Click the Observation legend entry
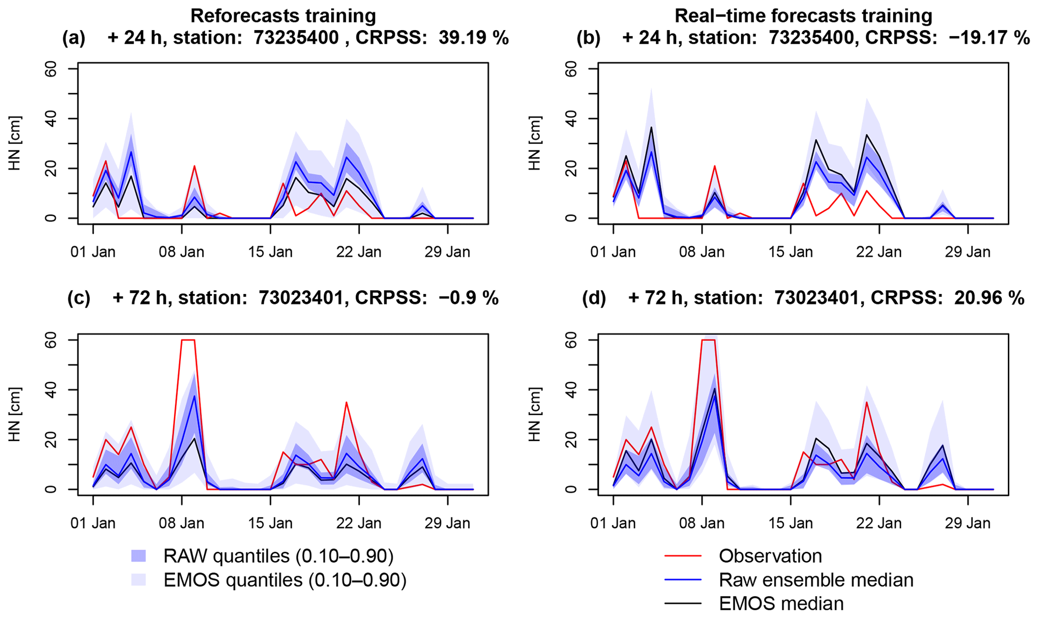click(x=770, y=556)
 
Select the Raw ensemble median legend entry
click(x=816, y=580)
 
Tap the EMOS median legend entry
click(x=781, y=603)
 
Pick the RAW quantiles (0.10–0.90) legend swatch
click(x=139, y=556)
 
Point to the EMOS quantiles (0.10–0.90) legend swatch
click(x=139, y=580)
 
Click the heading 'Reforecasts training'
click(x=283, y=16)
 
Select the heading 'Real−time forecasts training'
click(x=803, y=16)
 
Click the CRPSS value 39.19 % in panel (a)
click(x=474, y=38)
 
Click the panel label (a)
click(x=74, y=38)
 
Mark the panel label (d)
click(x=594, y=298)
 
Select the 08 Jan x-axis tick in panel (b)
click(x=702, y=251)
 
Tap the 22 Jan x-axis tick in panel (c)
click(x=359, y=523)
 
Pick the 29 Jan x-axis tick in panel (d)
click(x=968, y=523)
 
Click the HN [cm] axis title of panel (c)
click(x=15, y=415)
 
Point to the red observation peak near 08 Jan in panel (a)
click(x=194, y=166)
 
